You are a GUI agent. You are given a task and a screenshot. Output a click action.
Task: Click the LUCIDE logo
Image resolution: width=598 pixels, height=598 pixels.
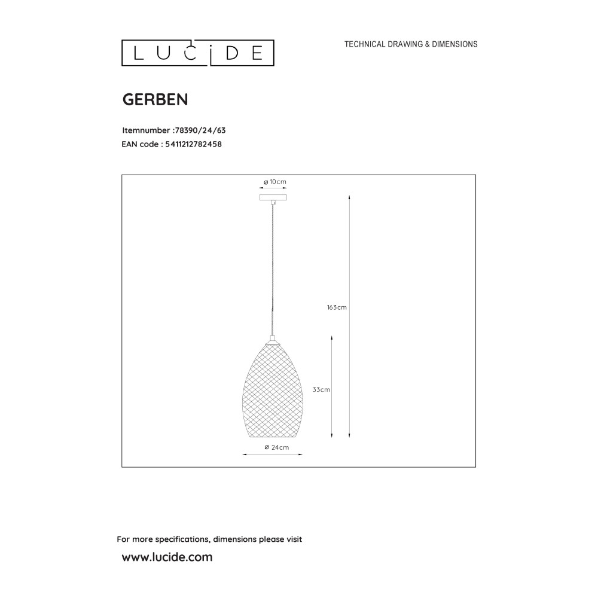point(197,53)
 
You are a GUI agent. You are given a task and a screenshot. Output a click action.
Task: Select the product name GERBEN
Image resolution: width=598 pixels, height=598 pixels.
point(155,99)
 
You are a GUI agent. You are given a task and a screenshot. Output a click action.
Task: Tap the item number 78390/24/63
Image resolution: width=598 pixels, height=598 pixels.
point(200,130)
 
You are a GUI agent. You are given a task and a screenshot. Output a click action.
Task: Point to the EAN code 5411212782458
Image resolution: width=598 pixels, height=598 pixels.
point(193,144)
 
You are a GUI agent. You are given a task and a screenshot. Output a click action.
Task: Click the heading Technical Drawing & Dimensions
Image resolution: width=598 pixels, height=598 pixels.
point(411,44)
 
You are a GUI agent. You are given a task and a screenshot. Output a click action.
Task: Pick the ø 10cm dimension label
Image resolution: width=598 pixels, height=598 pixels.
point(274,182)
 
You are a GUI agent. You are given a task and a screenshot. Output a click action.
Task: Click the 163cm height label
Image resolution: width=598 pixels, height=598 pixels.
point(337,307)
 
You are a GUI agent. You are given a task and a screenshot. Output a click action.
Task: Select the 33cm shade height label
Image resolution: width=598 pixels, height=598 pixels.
point(321,390)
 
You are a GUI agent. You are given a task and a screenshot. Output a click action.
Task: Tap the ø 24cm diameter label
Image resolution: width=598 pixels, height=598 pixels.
point(276,447)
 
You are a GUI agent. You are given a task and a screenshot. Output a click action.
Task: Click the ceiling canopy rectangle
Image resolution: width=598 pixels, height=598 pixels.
point(273,197)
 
